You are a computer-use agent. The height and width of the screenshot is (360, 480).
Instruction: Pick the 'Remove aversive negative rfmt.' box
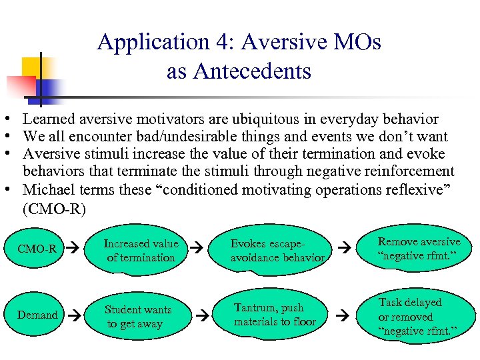pos(419,248)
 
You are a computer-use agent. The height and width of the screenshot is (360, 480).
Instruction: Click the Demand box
pos(37,315)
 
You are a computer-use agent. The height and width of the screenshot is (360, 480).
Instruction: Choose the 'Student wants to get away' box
pos(138,317)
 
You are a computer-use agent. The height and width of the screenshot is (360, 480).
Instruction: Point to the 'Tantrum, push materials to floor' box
pos(275,315)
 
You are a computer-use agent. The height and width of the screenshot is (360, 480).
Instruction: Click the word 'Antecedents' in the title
pos(239,71)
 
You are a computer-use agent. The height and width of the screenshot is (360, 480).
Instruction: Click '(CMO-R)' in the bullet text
pos(54,209)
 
